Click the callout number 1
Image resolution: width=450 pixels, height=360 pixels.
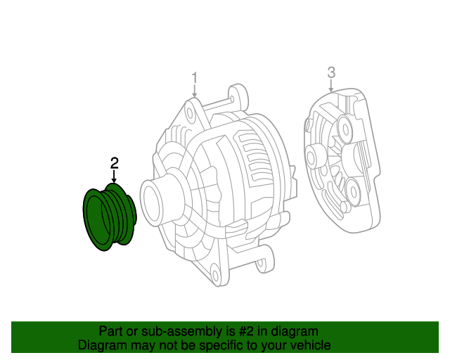click(x=195, y=78)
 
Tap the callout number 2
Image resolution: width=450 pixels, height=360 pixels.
click(x=115, y=163)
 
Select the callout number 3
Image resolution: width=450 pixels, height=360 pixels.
click(x=331, y=72)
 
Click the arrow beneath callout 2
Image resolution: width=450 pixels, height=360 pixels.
click(x=115, y=177)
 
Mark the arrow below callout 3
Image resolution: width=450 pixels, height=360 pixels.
click(x=331, y=85)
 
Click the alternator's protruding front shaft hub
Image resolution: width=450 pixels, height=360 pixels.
click(x=156, y=204)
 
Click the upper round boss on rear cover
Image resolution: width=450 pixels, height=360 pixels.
click(x=345, y=129)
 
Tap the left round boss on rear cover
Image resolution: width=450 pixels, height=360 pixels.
click(x=314, y=155)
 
